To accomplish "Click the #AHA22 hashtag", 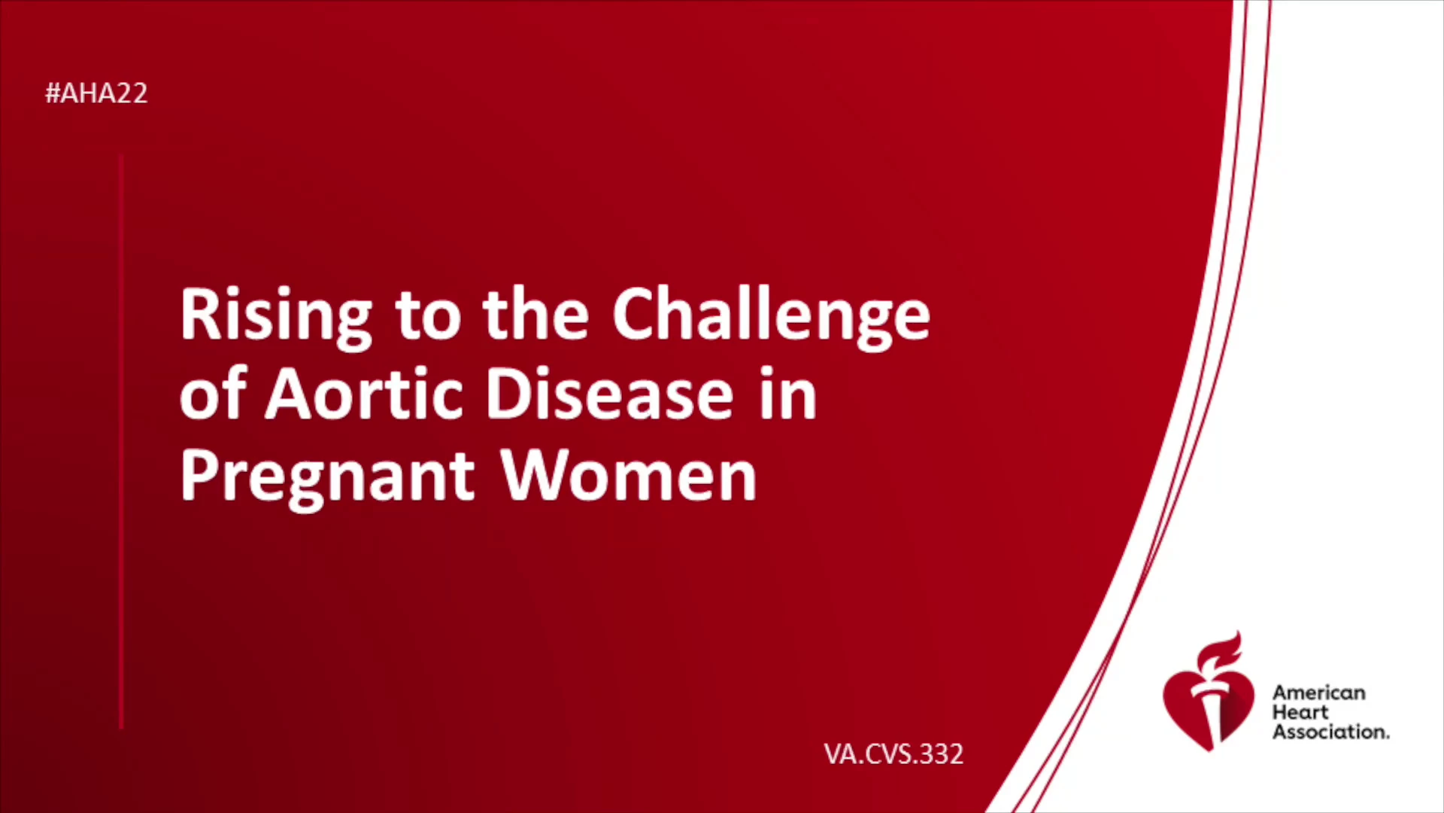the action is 96,93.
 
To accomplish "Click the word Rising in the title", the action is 276,317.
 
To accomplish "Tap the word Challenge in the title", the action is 771,317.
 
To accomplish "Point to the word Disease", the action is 609,394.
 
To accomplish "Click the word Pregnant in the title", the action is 328,479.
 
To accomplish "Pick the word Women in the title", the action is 629,475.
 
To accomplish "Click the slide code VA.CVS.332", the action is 893,754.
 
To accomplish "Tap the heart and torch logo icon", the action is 1209,692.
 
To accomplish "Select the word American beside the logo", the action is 1318,693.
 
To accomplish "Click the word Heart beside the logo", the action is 1300,712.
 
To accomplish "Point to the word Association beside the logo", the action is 1330,732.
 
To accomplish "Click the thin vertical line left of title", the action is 121,441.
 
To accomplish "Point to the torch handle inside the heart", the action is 1210,715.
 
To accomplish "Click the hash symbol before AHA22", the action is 53,93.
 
